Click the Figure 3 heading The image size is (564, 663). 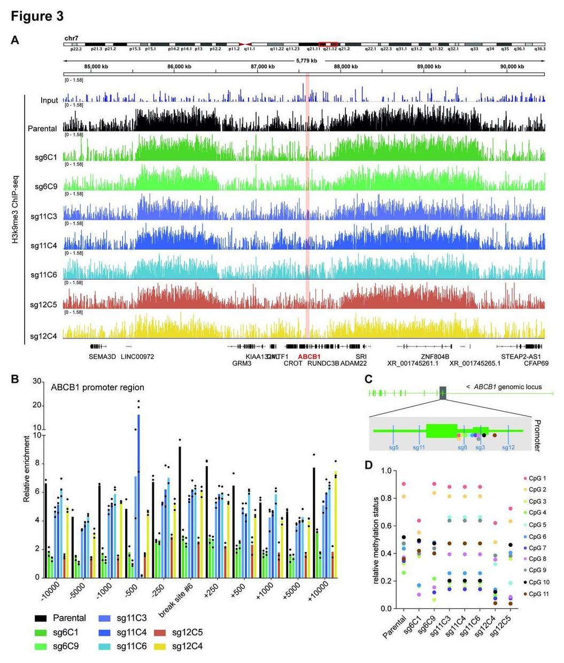click(37, 16)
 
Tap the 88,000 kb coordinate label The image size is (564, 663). click(345, 66)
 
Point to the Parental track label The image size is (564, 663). click(43, 129)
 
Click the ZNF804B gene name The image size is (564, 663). click(435, 357)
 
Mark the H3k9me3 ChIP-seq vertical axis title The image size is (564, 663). click(17, 219)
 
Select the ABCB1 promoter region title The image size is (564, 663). click(97, 388)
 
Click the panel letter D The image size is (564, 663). click(368, 465)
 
